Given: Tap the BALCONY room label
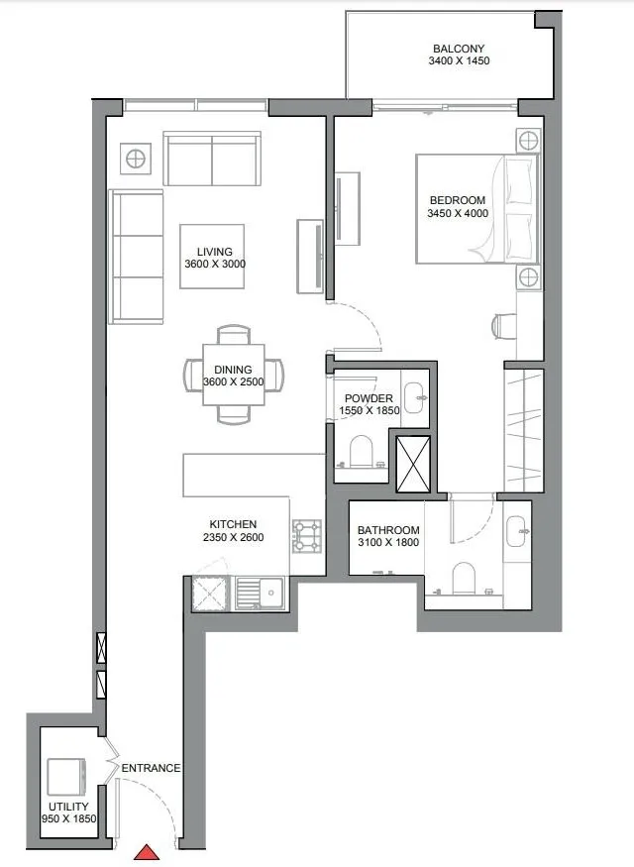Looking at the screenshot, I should tap(459, 49).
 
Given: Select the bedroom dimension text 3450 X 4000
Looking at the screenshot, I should tap(458, 213).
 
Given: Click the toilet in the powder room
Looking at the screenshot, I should tap(362, 450).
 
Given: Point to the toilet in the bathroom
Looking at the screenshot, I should tap(465, 579).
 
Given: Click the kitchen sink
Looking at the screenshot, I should tap(261, 594).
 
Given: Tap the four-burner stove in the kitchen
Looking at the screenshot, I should tap(307, 536).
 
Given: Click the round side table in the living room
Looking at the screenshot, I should tap(134, 158).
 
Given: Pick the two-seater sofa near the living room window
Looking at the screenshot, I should tap(212, 160).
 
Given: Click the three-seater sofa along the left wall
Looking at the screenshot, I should tap(136, 257).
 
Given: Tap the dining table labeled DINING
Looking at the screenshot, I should tap(234, 376).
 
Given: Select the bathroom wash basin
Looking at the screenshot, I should tap(516, 531).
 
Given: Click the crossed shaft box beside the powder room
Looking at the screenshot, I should tap(413, 462).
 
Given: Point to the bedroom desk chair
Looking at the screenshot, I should tap(503, 324).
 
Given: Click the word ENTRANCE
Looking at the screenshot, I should tap(151, 768).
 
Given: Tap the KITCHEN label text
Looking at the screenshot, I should tap(233, 524).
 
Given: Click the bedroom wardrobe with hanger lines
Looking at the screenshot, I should tap(524, 429).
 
